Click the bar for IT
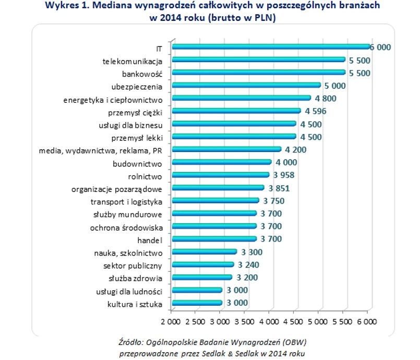[x=270, y=47]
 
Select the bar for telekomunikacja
[x=258, y=60]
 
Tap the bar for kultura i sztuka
[x=197, y=303]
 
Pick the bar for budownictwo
[x=222, y=162]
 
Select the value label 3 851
[x=279, y=188]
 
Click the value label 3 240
[x=249, y=265]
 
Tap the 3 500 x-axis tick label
[x=244, y=318]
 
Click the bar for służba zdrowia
[x=202, y=277]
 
